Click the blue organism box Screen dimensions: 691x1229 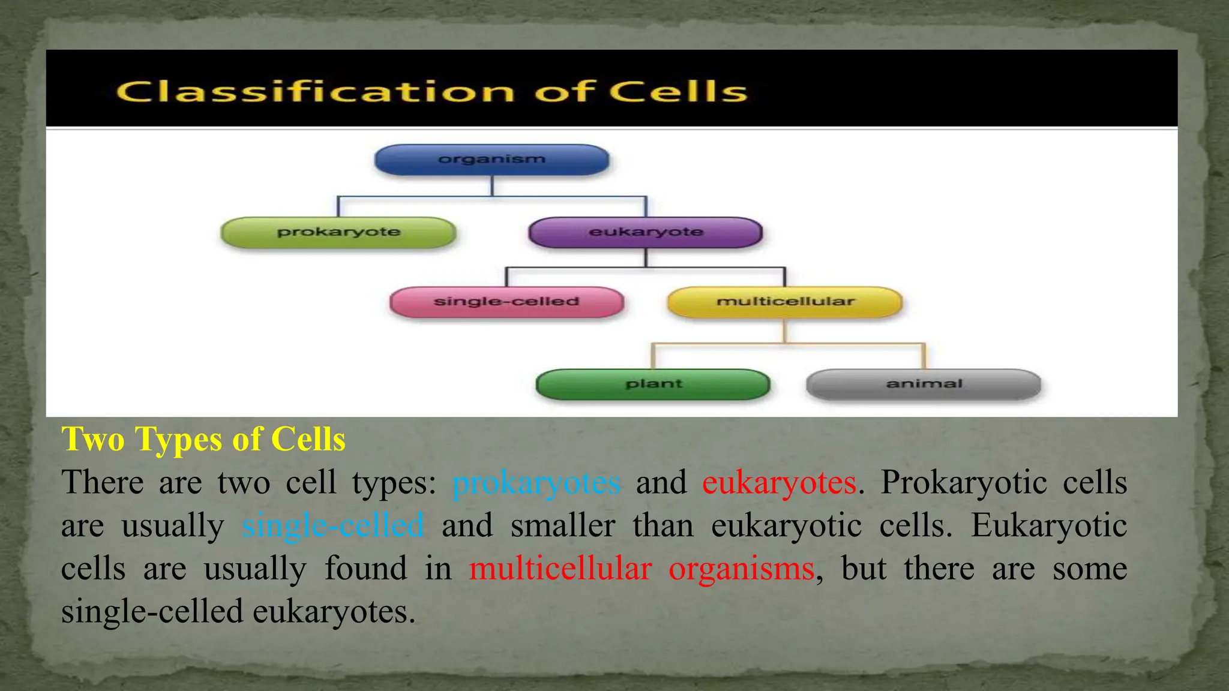coord(491,160)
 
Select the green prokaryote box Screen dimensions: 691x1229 coord(338,232)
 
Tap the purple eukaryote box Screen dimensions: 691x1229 coord(646,232)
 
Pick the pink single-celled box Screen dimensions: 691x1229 coord(506,302)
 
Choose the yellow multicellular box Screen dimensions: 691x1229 coord(785,302)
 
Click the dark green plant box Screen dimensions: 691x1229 coord(653,384)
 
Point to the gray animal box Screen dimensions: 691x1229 coord(924,384)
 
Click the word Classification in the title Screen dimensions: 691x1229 coord(315,92)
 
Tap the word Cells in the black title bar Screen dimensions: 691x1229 coord(679,92)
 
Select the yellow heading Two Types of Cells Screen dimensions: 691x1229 coord(203,439)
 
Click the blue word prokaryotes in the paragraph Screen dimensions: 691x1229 coord(536,483)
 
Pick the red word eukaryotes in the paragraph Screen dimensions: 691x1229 coord(779,483)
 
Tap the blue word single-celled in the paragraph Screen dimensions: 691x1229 coord(333,526)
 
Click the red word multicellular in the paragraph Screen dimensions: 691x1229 coord(560,569)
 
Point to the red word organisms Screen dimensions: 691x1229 coord(741,569)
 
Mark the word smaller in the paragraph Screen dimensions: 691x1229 coord(563,526)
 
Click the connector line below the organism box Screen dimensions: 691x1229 coord(492,187)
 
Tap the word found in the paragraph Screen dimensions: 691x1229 coord(365,569)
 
